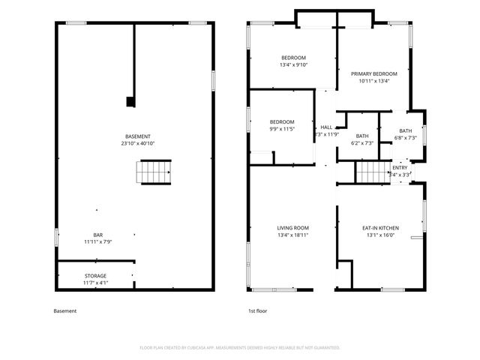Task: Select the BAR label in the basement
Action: [97, 234]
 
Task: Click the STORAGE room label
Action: [95, 275]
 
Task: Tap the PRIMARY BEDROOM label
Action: [374, 73]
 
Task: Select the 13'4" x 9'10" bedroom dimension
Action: [293, 65]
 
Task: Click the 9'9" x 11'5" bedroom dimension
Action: [282, 129]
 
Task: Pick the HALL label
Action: [326, 127]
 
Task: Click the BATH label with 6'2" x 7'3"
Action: [362, 136]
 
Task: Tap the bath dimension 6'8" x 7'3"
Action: [405, 138]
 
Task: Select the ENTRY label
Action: [400, 167]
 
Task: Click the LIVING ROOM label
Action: [293, 227]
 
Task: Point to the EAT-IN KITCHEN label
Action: [380, 227]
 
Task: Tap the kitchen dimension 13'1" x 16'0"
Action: [380, 235]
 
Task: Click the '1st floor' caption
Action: [257, 310]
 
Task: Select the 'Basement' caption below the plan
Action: [65, 310]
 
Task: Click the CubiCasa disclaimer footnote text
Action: [240, 348]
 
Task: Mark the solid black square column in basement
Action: [130, 100]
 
